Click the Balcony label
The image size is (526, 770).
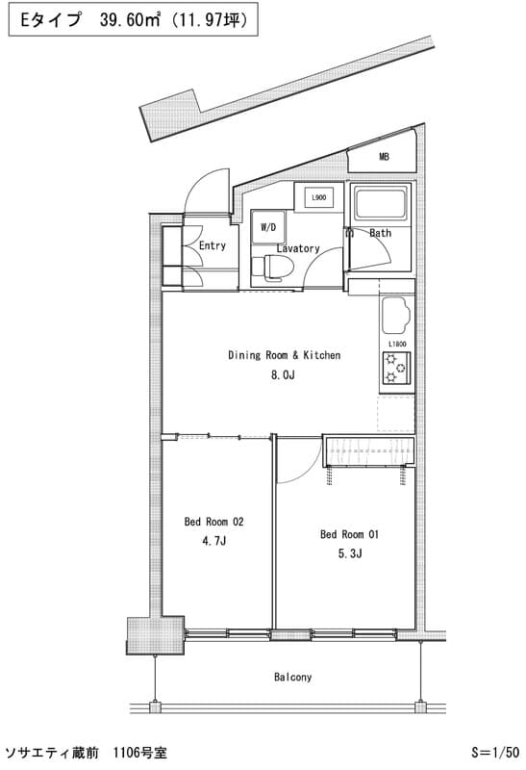point(292,677)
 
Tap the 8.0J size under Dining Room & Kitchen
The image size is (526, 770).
point(283,374)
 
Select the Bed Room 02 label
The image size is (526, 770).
point(213,522)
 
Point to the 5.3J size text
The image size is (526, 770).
point(350,553)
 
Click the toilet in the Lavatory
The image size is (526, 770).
point(272,268)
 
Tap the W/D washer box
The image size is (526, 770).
point(268,227)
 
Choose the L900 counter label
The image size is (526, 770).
point(319,197)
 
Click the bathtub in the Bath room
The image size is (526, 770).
point(381,203)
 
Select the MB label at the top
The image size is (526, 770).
point(384,157)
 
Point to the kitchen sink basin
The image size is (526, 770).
point(395,315)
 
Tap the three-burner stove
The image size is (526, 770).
point(396,367)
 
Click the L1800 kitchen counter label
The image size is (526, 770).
point(397,344)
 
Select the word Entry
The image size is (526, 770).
point(212,245)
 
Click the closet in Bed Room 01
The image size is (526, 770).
point(368,450)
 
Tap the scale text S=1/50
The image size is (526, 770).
point(495,753)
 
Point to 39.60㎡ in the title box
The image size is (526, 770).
point(130,19)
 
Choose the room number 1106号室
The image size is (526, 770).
point(139,753)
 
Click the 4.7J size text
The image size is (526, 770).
point(213,541)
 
